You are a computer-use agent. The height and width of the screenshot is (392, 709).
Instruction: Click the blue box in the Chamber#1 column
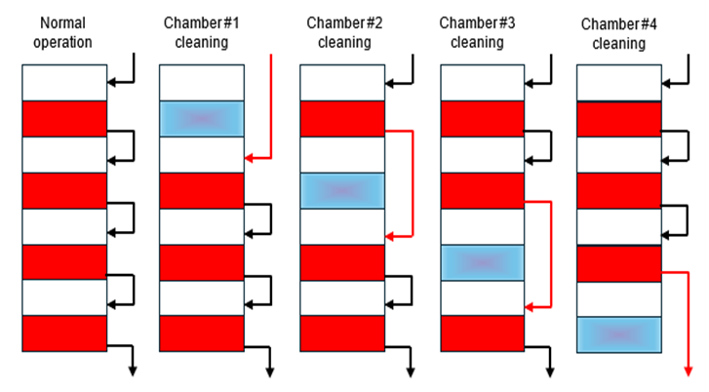(x=201, y=118)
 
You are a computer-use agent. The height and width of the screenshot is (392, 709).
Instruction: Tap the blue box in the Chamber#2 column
(x=341, y=190)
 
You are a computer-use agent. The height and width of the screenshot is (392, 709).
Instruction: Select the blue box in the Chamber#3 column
(x=483, y=262)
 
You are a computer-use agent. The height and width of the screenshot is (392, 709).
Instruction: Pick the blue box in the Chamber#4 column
(x=619, y=334)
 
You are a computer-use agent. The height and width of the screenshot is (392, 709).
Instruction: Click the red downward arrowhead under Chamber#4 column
(x=689, y=371)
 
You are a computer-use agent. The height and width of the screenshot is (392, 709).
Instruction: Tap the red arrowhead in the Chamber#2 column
(x=390, y=235)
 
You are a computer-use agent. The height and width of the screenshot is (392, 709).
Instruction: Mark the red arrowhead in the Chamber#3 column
(x=530, y=307)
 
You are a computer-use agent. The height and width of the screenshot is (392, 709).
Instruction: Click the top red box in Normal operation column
(x=63, y=118)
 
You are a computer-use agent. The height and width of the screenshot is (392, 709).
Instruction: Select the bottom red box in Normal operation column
(x=63, y=333)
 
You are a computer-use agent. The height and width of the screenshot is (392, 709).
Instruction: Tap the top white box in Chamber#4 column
(x=619, y=83)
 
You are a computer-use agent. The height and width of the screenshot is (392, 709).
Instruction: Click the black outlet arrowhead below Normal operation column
(x=132, y=370)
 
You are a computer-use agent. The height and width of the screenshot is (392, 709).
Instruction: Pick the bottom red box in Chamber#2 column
(x=341, y=333)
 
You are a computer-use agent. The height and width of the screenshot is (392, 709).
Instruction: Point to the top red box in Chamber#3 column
(x=483, y=118)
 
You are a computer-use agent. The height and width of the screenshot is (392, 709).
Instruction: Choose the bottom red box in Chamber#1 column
(x=201, y=333)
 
